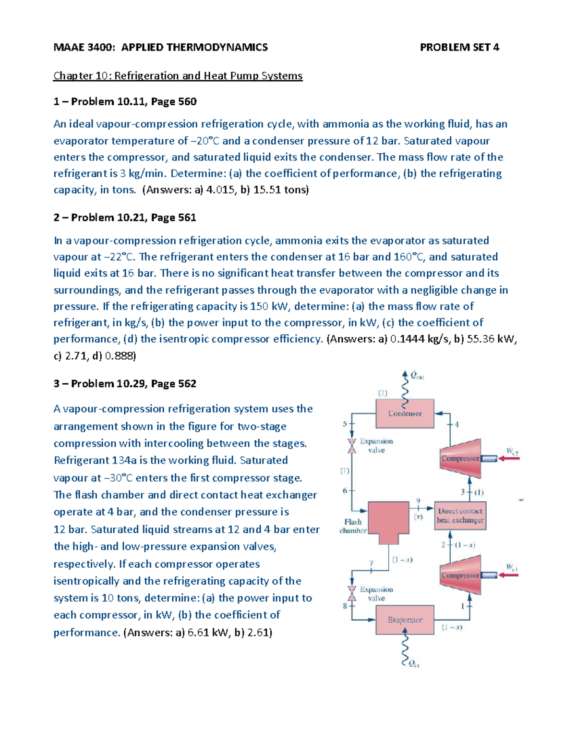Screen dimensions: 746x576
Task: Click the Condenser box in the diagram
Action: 405,414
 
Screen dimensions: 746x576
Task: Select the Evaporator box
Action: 405,620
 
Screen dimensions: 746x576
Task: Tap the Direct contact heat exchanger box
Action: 460,516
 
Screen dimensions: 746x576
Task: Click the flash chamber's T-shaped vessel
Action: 388,521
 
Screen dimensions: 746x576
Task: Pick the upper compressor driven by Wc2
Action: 460,458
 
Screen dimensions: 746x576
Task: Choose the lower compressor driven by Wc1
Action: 460,575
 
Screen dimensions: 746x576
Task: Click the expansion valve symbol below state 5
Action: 352,446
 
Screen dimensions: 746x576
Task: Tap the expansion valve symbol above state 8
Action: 352,594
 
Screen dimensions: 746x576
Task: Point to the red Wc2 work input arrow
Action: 509,458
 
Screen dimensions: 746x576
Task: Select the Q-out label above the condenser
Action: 417,376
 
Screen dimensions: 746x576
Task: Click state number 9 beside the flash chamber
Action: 418,501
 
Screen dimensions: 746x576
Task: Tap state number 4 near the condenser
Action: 456,424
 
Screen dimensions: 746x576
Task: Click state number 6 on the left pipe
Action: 345,490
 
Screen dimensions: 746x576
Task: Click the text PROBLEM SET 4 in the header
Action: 459,47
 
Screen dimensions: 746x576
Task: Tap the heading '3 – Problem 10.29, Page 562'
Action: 125,384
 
